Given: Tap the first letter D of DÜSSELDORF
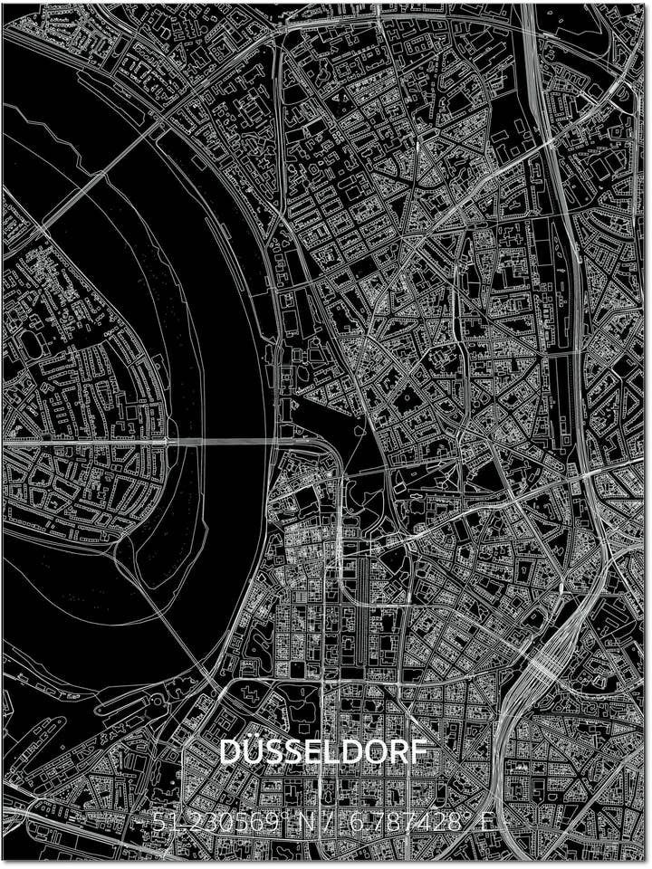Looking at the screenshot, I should click(231, 752).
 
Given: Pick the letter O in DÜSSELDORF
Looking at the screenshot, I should click(379, 752).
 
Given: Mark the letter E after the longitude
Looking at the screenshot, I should click(487, 824).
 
